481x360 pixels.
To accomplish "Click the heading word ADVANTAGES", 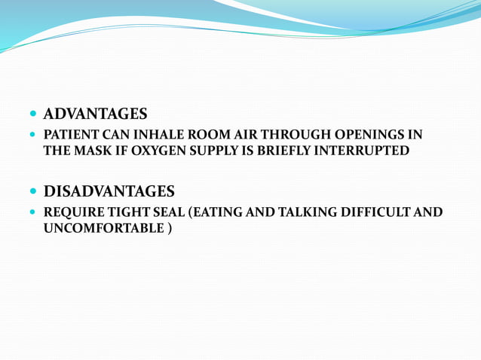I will (95, 114).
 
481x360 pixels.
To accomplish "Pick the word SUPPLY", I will (219, 151).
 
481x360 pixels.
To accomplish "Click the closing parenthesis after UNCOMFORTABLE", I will (168, 227).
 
